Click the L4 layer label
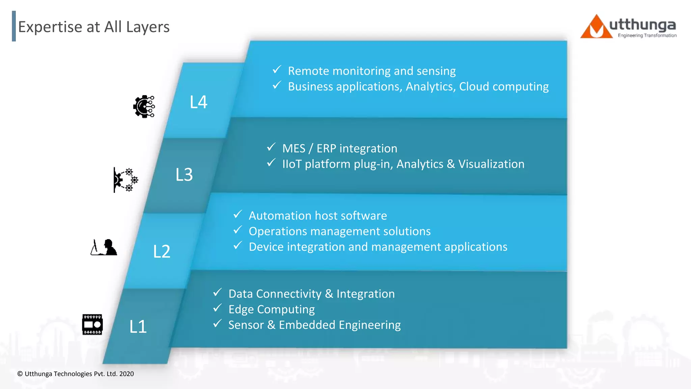point(198,102)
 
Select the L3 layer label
point(184,175)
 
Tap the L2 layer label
point(162,252)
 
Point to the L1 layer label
point(138,327)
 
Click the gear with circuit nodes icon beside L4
point(144,106)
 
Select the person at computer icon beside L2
point(104,248)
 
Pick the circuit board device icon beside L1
point(92,325)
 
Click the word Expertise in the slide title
point(50,27)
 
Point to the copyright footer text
point(76,374)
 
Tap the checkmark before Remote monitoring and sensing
point(277,70)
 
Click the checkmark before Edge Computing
point(217,308)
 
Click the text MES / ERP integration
point(339,149)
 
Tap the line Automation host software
point(317,216)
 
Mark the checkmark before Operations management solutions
point(238,230)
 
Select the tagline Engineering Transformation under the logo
point(647,35)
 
